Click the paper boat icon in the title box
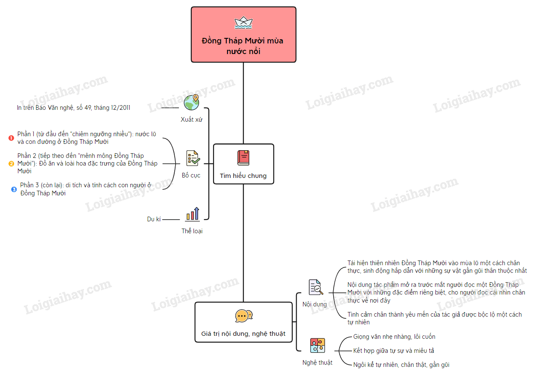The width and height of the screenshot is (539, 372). (243, 22)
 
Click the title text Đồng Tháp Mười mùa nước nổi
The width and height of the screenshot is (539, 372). (243, 46)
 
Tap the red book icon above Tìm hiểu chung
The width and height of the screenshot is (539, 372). (243, 158)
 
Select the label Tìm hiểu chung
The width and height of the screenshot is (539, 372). (243, 176)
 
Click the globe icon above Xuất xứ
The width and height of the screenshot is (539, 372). (191, 103)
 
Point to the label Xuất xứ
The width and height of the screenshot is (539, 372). (191, 120)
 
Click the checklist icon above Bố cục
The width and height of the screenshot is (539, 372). (193, 158)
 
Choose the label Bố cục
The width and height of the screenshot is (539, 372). (191, 175)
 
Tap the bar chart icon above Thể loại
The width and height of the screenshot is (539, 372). (193, 214)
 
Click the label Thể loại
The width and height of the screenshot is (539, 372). (192, 231)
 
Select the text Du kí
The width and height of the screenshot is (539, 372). (154, 219)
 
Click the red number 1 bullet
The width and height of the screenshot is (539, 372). (12, 138)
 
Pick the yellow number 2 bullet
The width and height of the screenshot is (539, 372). (12, 163)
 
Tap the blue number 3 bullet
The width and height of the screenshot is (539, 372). (14, 189)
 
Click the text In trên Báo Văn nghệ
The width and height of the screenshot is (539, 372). (74, 108)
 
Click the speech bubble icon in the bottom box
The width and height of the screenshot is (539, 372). (243, 316)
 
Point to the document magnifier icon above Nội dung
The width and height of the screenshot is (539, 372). (316, 287)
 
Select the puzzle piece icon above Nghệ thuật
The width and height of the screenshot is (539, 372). (317, 345)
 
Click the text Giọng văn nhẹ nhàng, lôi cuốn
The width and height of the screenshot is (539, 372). (394, 337)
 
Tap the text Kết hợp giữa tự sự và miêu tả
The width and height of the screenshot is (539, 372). (394, 351)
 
